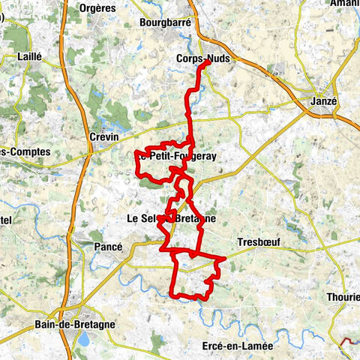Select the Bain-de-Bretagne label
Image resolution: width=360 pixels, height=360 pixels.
coord(73,325)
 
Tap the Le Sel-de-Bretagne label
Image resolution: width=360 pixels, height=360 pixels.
coord(169,219)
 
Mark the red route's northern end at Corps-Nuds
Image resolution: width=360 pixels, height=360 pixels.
coord(207,64)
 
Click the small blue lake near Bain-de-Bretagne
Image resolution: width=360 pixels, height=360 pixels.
coord(82,339)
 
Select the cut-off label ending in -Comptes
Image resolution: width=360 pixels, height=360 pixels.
coord(25,151)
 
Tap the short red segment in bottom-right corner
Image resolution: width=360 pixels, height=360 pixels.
coord(349,342)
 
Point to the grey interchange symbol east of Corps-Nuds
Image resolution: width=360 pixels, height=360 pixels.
coord(280,72)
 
